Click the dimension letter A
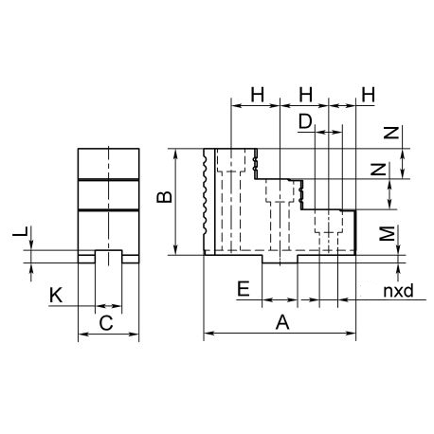point(282,322)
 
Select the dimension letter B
point(164,197)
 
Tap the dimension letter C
point(106,323)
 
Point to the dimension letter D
point(305,121)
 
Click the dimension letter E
point(244,288)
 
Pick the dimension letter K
point(56,296)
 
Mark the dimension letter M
point(387,233)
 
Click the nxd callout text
point(398,290)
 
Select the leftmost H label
point(258,95)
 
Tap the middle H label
point(306,95)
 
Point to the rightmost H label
point(369,95)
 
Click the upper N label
point(391,133)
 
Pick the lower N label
point(378,170)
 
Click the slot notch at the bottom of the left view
point(108,257)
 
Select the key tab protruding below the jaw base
point(280,259)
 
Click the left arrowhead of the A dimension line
point(208,333)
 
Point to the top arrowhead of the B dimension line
point(176,153)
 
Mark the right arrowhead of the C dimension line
point(135,334)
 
